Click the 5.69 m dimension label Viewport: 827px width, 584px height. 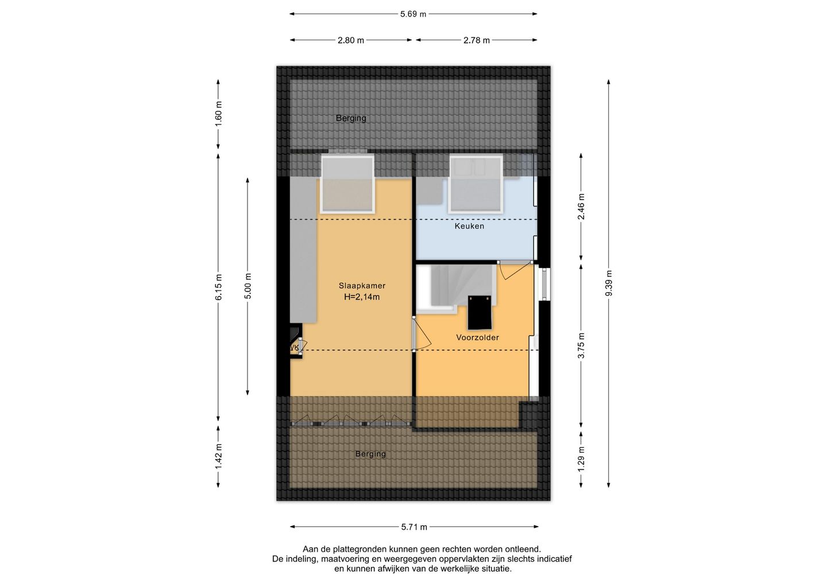pos(413,14)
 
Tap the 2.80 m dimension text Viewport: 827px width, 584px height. pos(351,40)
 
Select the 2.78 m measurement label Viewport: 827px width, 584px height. pos(477,40)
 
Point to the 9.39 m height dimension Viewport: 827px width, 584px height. pos(609,283)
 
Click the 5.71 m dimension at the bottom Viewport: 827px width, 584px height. pos(414,527)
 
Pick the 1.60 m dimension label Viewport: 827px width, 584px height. pos(219,114)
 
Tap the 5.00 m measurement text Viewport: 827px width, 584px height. pos(248,286)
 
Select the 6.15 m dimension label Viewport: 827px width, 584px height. pos(219,287)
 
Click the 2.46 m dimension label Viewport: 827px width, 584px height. pos(581,207)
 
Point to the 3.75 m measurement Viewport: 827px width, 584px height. pos(581,345)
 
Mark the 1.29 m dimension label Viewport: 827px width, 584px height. pos(581,458)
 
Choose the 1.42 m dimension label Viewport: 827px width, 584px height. pos(219,457)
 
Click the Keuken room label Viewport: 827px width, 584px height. pos(469,226)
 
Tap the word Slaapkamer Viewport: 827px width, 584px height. pos(362,286)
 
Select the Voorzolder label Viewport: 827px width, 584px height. pos(477,337)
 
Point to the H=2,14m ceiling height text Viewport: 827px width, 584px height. pos(362,297)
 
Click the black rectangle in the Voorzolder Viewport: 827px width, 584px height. pos(480,312)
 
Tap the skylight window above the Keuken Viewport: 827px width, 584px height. pos(476,184)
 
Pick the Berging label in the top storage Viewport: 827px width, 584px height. pos(351,118)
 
